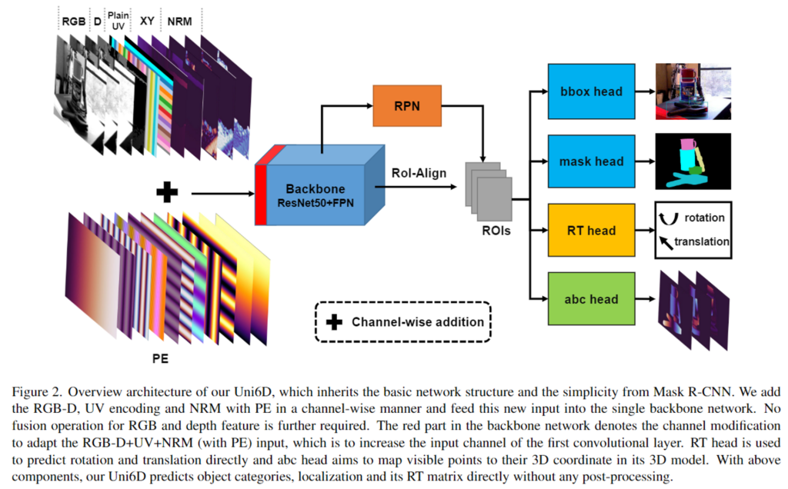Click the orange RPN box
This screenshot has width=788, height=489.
[407, 106]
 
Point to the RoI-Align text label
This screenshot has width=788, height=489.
[418, 174]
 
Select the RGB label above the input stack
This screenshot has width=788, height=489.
[74, 22]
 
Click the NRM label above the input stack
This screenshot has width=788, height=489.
[180, 22]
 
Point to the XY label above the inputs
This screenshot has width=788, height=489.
[146, 22]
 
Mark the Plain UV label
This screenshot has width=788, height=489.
[119, 22]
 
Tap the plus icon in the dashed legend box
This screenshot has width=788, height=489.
[334, 321]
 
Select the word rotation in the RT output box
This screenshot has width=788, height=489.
[704, 218]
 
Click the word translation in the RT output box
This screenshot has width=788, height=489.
[701, 241]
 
